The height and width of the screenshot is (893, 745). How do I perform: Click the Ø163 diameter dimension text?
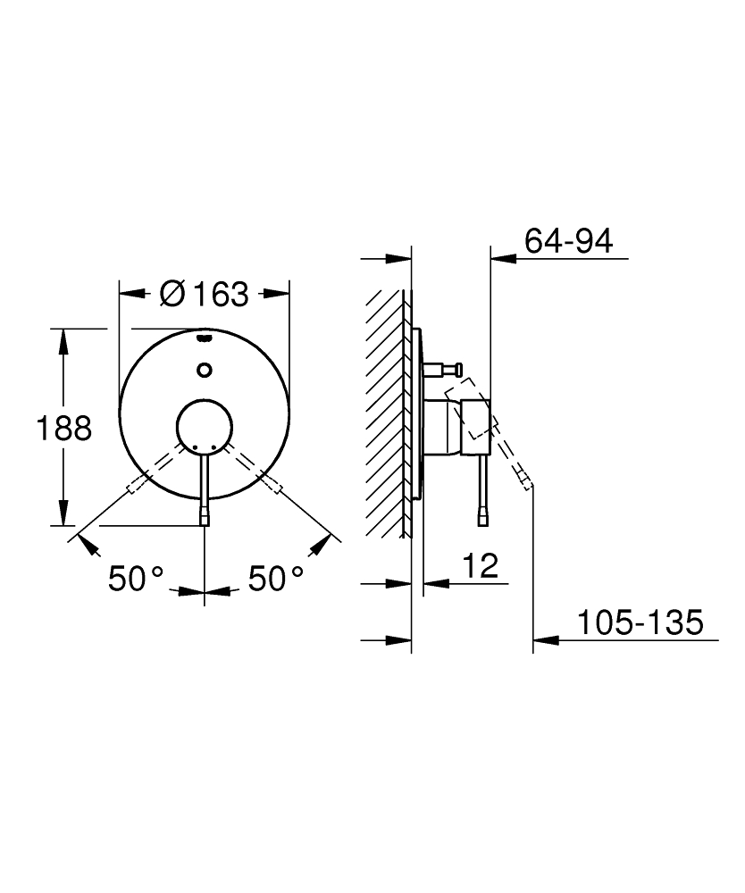click(204, 294)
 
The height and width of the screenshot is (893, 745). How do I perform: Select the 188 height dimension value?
click(63, 429)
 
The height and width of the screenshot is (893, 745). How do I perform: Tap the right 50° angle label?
click(275, 580)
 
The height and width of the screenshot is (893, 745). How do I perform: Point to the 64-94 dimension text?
click(569, 241)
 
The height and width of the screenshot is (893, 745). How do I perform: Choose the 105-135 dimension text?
click(639, 622)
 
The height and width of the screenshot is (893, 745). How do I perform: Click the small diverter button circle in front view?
click(205, 368)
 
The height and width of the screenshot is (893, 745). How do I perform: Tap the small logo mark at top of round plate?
click(205, 339)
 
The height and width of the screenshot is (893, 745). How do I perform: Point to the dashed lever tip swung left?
click(134, 487)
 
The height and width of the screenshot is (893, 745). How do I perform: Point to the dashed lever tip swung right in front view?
click(276, 487)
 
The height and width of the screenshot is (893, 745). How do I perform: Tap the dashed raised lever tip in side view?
click(528, 484)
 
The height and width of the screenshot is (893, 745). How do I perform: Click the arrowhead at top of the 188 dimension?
click(63, 337)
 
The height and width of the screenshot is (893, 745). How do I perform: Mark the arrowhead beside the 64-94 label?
click(504, 259)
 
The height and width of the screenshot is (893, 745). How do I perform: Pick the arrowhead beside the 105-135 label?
click(545, 639)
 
